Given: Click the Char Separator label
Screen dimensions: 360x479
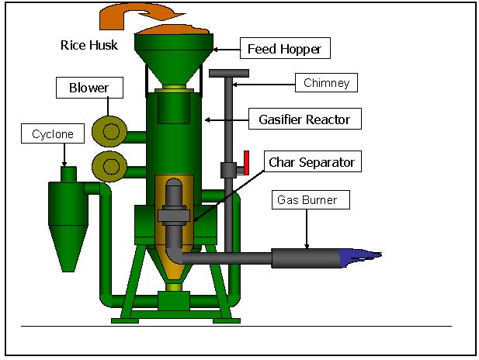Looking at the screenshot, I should (x=311, y=162).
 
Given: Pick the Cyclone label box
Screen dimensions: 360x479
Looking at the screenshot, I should (x=53, y=134).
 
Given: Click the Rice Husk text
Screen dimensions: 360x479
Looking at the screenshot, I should (x=89, y=45).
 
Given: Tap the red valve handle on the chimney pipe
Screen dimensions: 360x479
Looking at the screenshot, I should (x=244, y=161).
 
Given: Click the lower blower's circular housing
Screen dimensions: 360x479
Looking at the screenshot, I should (x=106, y=165).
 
